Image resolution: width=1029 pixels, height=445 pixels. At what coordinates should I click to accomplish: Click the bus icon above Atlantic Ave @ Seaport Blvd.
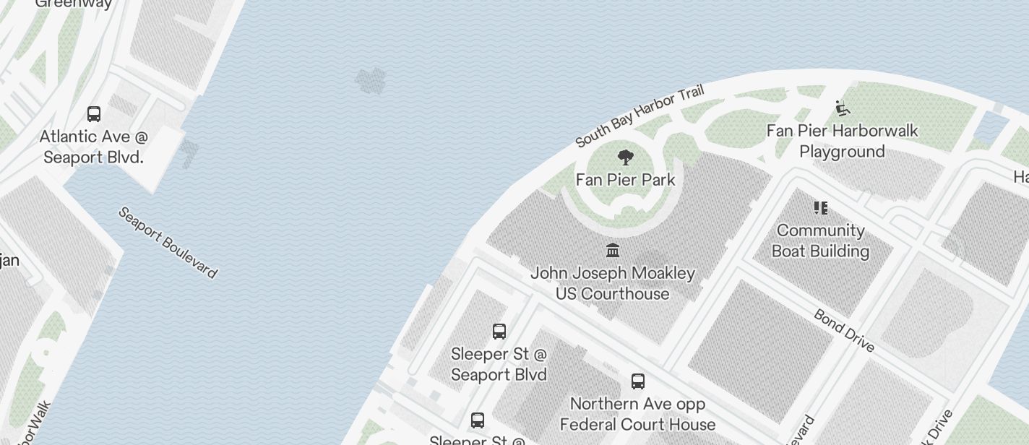click(x=94, y=114)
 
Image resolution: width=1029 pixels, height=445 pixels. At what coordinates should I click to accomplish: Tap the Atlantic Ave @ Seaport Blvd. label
click(x=94, y=147)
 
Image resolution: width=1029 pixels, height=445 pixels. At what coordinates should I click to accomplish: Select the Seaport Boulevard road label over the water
click(x=167, y=243)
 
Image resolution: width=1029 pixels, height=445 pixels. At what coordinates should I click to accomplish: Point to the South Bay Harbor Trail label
click(x=639, y=116)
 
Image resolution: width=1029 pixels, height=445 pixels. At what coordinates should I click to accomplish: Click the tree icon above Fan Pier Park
click(x=626, y=157)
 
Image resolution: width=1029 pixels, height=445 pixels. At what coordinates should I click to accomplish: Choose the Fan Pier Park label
click(x=626, y=180)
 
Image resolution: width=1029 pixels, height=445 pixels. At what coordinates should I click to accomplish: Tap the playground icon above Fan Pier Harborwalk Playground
click(x=842, y=108)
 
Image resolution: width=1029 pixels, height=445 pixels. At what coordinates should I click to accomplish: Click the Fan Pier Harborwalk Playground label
click(x=842, y=141)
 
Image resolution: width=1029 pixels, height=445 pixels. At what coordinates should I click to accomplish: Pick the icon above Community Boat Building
click(x=820, y=208)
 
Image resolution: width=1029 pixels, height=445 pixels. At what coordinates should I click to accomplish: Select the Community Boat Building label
click(x=820, y=241)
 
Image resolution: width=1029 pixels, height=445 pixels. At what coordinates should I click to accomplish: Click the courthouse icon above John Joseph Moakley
click(x=613, y=251)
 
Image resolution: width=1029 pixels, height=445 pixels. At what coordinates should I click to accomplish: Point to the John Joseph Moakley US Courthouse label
click(x=613, y=284)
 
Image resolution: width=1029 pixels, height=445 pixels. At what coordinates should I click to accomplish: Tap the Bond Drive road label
click(x=844, y=330)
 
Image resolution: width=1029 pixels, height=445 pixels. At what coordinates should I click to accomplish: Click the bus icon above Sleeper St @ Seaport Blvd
click(x=499, y=332)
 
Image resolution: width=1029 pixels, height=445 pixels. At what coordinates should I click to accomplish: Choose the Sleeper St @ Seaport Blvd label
click(x=499, y=364)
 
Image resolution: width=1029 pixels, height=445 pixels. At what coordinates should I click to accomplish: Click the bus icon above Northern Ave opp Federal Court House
click(x=637, y=381)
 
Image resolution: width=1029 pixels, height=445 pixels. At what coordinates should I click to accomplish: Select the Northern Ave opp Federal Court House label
click(x=637, y=414)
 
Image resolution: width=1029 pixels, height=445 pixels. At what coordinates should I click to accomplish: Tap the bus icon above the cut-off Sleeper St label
click(x=477, y=420)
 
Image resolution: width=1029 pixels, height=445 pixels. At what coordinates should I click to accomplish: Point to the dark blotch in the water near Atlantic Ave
click(x=371, y=81)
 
